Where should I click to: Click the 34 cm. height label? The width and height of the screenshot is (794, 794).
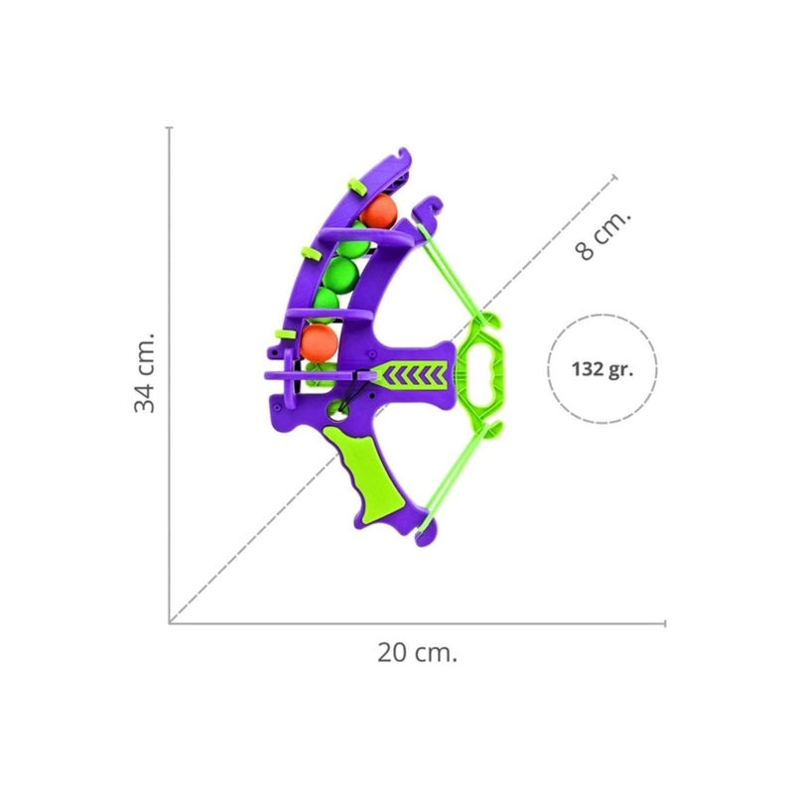pyautogui.click(x=144, y=372)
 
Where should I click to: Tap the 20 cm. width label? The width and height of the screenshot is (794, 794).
pyautogui.click(x=417, y=653)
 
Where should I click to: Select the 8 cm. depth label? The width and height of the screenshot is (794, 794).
pyautogui.click(x=603, y=235)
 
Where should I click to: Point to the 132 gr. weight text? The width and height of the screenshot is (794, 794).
pyautogui.click(x=602, y=369)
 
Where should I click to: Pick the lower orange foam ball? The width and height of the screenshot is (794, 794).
pyautogui.click(x=319, y=341)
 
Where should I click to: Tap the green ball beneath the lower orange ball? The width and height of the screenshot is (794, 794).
pyautogui.click(x=320, y=374)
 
